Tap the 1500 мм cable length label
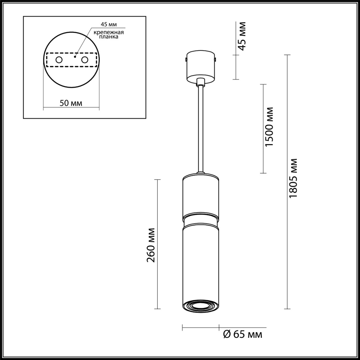tap(269, 127)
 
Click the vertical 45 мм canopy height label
tap(242, 36)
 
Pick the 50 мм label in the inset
tap(71, 103)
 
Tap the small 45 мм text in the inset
tap(109, 24)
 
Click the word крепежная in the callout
tap(109, 32)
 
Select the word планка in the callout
tap(109, 37)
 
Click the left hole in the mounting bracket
tap(59, 60)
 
